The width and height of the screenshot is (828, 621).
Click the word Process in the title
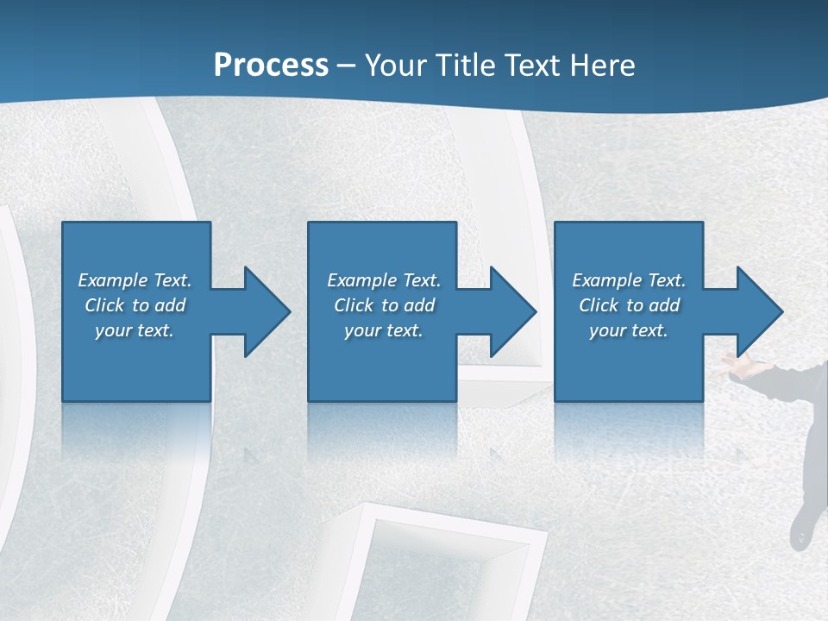tap(271, 66)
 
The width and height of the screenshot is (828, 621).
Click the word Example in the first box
tap(112, 280)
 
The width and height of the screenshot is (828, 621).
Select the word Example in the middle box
tap(361, 280)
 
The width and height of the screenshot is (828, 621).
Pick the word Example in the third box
tap(606, 280)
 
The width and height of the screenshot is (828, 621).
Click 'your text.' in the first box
tap(135, 330)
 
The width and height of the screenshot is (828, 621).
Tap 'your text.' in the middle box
tap(384, 330)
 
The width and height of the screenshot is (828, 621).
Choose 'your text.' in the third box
tap(629, 330)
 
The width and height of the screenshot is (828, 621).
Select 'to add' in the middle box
tap(408, 305)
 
